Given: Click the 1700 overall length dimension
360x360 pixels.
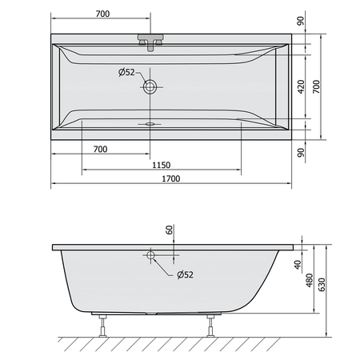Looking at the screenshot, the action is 171,178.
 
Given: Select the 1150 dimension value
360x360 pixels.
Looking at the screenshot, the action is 161,165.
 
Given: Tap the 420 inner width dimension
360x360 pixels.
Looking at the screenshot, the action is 301,86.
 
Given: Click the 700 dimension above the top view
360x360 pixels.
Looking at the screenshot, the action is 102,14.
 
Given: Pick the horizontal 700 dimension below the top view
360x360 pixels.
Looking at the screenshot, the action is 100,149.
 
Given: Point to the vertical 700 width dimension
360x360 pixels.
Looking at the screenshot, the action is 316,86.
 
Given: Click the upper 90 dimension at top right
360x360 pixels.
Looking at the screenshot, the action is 301,21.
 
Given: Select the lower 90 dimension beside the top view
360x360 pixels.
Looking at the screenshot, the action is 301,153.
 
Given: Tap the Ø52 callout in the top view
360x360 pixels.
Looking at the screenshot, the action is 126,72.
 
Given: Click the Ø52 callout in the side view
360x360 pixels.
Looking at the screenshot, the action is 185,274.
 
